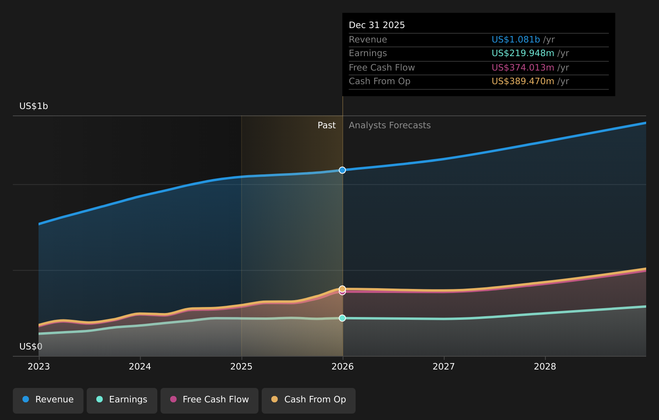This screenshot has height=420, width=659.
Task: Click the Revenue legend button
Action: (x=48, y=400)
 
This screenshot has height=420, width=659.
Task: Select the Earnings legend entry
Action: (x=122, y=400)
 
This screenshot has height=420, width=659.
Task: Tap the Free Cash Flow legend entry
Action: (x=209, y=400)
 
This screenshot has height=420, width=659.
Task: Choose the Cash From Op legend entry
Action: (x=309, y=400)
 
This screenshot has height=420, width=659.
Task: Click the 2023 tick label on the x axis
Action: (x=39, y=367)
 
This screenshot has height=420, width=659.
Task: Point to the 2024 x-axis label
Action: (x=140, y=367)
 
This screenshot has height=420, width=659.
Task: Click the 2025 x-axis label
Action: (x=241, y=367)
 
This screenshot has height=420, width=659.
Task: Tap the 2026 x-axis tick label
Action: (x=342, y=367)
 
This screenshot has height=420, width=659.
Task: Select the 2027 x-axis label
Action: (x=443, y=367)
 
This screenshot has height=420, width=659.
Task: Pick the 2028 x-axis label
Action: (x=545, y=367)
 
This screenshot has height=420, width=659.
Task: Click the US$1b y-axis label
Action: (x=34, y=106)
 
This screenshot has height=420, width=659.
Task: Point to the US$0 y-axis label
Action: (x=31, y=347)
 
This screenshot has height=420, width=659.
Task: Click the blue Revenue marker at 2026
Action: (x=342, y=170)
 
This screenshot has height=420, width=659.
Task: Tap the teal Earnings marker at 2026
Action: (x=342, y=318)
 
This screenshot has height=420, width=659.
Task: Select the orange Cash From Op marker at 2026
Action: (x=342, y=289)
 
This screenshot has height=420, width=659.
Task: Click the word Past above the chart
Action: (x=326, y=125)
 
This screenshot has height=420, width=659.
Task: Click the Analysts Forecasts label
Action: (x=389, y=125)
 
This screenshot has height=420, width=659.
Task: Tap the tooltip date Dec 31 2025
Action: (x=376, y=25)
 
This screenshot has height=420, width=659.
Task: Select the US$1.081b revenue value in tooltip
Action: (x=516, y=40)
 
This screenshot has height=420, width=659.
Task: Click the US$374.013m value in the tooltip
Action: (x=523, y=68)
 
